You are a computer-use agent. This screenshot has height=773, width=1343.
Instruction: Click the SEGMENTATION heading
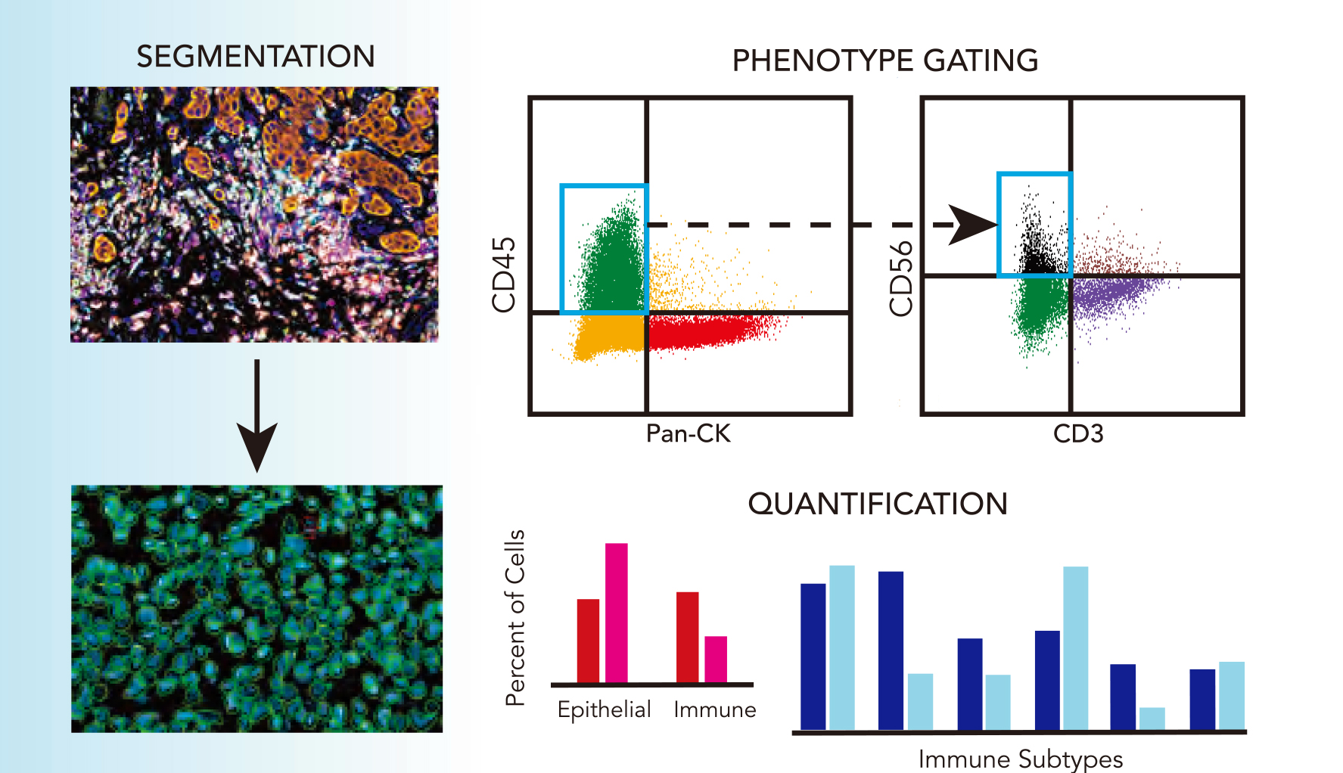pyautogui.click(x=256, y=57)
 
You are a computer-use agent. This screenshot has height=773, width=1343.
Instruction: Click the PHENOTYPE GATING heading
pyautogui.click(x=884, y=61)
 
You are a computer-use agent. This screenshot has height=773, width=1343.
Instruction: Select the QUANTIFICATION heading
pyautogui.click(x=878, y=504)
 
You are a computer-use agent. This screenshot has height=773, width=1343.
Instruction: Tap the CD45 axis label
pyautogui.click(x=504, y=274)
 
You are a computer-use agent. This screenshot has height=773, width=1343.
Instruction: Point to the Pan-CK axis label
pyautogui.click(x=689, y=433)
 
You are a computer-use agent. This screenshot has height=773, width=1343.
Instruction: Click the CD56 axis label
pyautogui.click(x=901, y=278)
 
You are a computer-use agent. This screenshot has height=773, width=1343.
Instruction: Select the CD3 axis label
pyautogui.click(x=1078, y=433)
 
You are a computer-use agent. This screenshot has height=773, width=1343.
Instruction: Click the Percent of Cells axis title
pyautogui.click(x=515, y=617)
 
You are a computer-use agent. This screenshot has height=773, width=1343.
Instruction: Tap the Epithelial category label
pyautogui.click(x=604, y=709)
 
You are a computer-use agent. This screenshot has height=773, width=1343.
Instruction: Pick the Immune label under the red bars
pyautogui.click(x=714, y=709)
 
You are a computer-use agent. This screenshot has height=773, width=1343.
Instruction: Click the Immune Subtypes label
pyautogui.click(x=1020, y=759)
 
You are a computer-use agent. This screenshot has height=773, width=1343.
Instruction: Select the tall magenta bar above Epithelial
pyautogui.click(x=617, y=613)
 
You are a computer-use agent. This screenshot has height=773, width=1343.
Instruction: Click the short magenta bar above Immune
pyautogui.click(x=716, y=659)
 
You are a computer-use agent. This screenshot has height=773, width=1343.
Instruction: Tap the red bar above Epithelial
pyautogui.click(x=588, y=641)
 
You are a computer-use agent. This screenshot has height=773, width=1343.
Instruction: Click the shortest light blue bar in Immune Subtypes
pyautogui.click(x=1152, y=719)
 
